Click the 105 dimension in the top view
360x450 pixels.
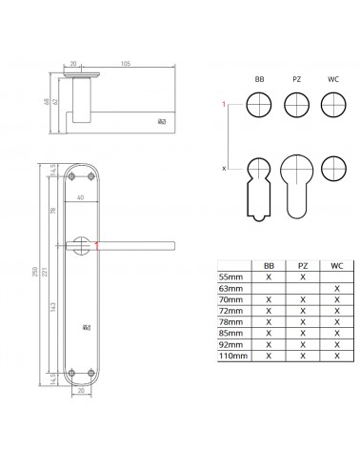(x=126, y=64)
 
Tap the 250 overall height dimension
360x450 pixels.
(x=35, y=272)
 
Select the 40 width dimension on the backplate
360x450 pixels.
(x=81, y=197)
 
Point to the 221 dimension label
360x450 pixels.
(x=45, y=272)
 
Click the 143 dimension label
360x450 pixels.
(x=53, y=306)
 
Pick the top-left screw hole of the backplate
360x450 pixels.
(x=71, y=176)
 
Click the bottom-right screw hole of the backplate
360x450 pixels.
(x=91, y=373)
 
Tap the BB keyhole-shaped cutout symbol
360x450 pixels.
(x=259, y=190)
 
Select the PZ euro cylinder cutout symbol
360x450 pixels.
(x=297, y=187)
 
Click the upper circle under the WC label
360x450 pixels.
(x=333, y=105)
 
